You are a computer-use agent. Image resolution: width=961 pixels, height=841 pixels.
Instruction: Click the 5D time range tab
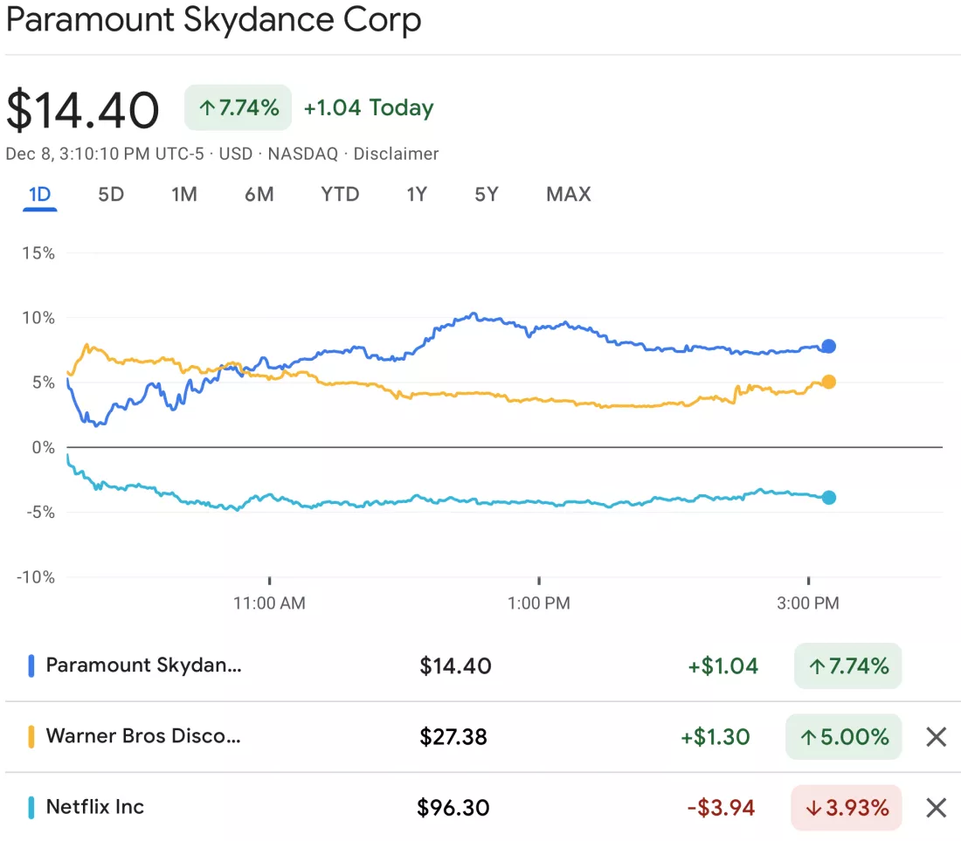click(111, 194)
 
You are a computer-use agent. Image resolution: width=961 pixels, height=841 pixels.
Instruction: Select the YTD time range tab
click(340, 194)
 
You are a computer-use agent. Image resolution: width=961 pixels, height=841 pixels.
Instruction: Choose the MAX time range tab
click(568, 194)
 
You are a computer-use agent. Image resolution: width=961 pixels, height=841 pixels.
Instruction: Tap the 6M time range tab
click(259, 194)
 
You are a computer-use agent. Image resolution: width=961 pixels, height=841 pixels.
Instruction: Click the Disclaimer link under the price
click(396, 154)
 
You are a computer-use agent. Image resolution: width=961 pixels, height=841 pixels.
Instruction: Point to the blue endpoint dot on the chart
click(828, 347)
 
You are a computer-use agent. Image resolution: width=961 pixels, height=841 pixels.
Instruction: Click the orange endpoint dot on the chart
click(828, 383)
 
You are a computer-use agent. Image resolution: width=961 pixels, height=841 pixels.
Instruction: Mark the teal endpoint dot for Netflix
click(828, 498)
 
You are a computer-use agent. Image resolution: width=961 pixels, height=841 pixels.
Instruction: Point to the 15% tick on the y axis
click(38, 253)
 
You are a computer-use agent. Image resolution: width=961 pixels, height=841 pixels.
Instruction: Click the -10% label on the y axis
click(36, 577)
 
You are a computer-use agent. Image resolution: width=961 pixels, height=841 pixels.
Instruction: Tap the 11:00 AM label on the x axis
click(269, 603)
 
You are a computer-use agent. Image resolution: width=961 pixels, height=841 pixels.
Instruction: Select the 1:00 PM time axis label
click(539, 603)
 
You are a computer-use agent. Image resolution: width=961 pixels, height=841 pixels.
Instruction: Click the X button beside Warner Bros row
click(936, 737)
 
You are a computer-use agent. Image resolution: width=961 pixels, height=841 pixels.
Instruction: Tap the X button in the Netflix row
click(936, 808)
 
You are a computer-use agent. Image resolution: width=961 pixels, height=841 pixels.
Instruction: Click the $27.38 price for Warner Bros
click(453, 737)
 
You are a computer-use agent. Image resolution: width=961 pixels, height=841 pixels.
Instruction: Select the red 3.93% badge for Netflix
click(847, 808)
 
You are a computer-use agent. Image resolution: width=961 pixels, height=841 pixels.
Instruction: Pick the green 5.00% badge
click(843, 737)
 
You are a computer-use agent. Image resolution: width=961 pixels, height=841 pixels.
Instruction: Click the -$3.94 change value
click(721, 808)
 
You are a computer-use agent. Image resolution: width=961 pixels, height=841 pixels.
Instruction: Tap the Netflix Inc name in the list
click(95, 807)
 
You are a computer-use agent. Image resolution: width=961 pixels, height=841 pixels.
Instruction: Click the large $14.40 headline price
click(83, 110)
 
